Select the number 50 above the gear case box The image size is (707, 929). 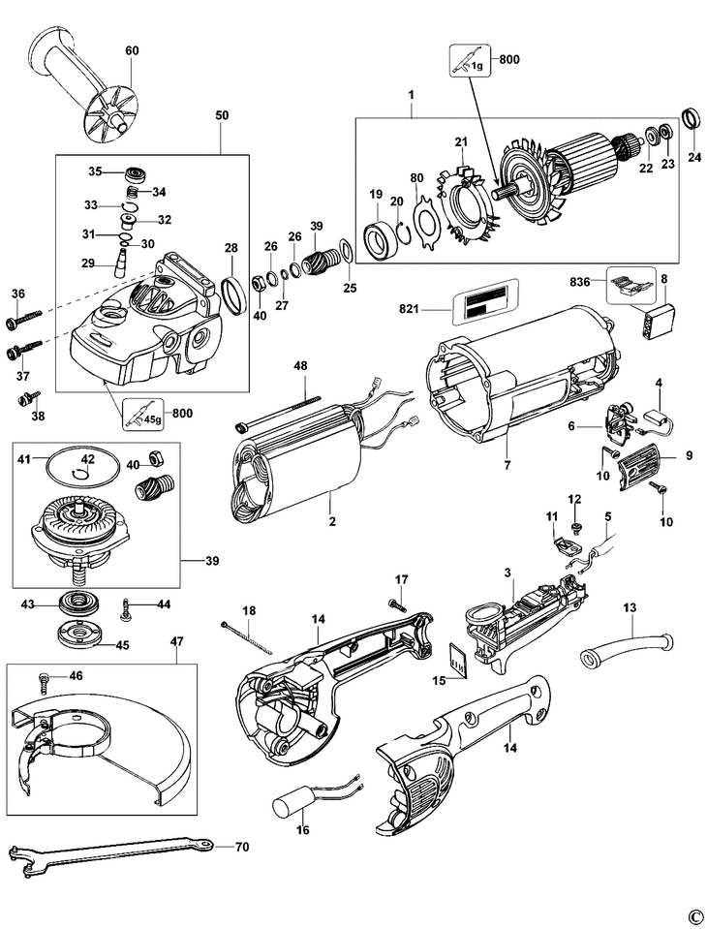(222, 115)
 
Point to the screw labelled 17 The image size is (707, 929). (396, 603)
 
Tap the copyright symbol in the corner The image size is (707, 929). (693, 915)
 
